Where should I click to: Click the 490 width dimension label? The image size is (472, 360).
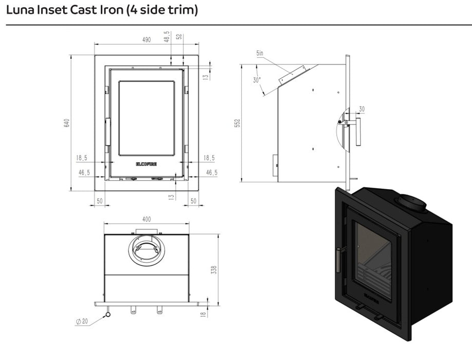pyautogui.click(x=147, y=40)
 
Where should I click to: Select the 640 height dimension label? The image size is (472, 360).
pyautogui.click(x=67, y=123)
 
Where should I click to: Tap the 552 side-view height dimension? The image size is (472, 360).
pyautogui.click(x=238, y=123)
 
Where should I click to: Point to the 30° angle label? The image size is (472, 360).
pyautogui.click(x=257, y=80)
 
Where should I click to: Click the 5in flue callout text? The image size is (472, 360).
pyautogui.click(x=260, y=53)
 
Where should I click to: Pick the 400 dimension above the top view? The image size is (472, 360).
pyautogui.click(x=147, y=219)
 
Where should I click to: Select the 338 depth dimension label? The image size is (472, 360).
pyautogui.click(x=214, y=269)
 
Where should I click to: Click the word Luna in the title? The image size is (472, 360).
pyautogui.click(x=20, y=10)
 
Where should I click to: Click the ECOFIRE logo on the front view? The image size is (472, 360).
pyautogui.click(x=147, y=164)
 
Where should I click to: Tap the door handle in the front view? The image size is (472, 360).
pyautogui.click(x=107, y=132)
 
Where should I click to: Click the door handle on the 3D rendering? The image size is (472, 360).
pyautogui.click(x=338, y=260)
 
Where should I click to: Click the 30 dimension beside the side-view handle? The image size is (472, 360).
pyautogui.click(x=361, y=109)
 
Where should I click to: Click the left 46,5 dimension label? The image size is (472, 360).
pyautogui.click(x=84, y=173)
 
